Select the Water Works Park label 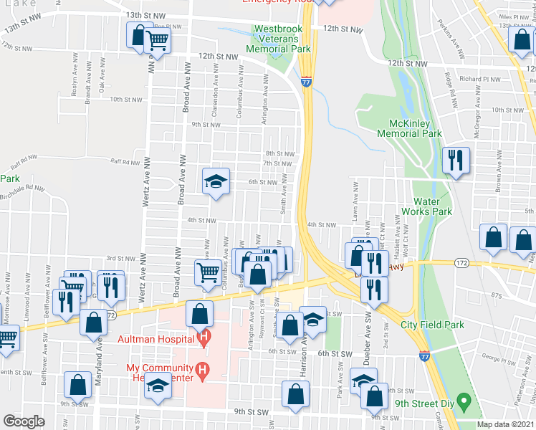(432, 206)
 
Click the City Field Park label (432, 325)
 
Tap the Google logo (24, 421)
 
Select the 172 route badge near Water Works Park (461, 264)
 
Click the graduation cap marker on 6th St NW (216, 182)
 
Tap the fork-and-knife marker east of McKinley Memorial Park (455, 161)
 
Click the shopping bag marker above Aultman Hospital (199, 313)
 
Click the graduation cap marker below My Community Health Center (156, 388)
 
